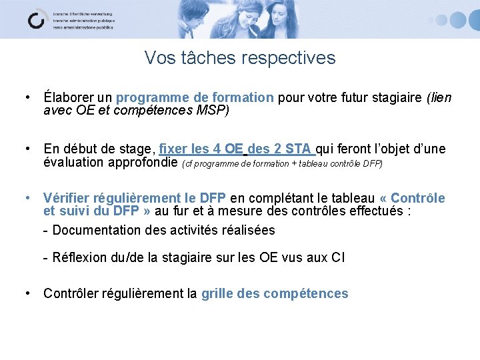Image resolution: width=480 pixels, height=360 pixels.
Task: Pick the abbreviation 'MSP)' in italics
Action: point(212,110)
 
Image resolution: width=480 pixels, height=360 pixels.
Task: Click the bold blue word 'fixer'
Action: point(175,149)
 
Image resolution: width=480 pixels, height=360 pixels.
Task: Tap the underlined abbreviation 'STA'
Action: point(299,149)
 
